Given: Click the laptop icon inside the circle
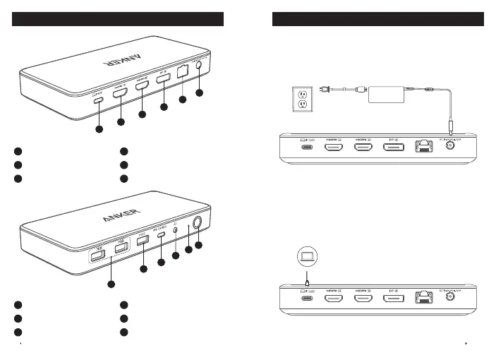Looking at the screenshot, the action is pos(308,254).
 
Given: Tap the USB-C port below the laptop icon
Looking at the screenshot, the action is pos(307,299).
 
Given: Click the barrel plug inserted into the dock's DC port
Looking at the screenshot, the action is pos(450,129).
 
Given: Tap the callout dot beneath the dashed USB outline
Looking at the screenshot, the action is pos(111,284).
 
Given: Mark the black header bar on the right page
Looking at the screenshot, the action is pos(377,18).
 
